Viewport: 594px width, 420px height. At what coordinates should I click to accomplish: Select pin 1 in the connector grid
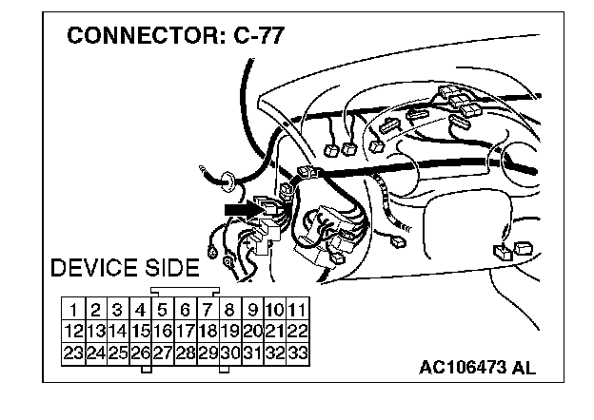pos(72,310)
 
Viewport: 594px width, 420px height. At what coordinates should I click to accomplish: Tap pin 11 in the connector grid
pos(297,310)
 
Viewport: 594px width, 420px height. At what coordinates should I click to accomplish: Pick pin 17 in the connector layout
pos(185,332)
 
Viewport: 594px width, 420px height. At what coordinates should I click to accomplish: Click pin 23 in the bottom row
pos(72,353)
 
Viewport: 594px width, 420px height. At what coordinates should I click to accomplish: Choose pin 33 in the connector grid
pos(297,353)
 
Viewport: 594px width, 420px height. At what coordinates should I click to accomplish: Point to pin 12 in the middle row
pos(72,332)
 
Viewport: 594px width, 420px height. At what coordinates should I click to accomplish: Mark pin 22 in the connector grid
pos(297,332)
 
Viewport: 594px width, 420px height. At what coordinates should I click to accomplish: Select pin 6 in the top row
pos(185,310)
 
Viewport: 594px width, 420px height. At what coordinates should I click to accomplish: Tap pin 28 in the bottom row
pos(185,353)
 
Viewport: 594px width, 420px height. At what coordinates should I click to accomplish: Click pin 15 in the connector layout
pos(140,332)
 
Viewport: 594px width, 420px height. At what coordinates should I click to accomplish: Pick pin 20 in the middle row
pos(252,332)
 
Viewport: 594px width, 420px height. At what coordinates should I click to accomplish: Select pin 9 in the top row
pos(252,310)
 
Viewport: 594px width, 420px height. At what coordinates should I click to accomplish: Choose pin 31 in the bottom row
pos(252,353)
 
